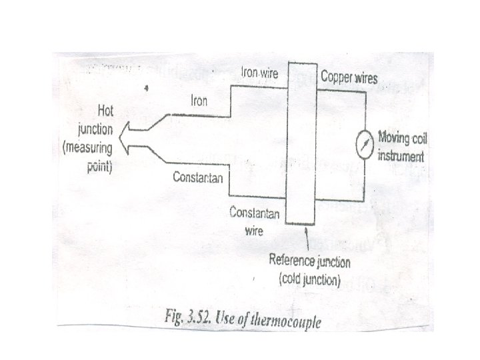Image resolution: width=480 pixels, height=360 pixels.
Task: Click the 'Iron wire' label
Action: [259, 72]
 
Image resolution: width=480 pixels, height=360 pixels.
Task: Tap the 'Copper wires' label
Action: [349, 77]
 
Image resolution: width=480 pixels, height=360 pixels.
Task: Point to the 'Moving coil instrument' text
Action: [401, 147]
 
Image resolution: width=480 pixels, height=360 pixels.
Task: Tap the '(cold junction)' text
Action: [309, 279]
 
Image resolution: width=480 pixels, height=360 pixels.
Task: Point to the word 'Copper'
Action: [335, 77]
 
